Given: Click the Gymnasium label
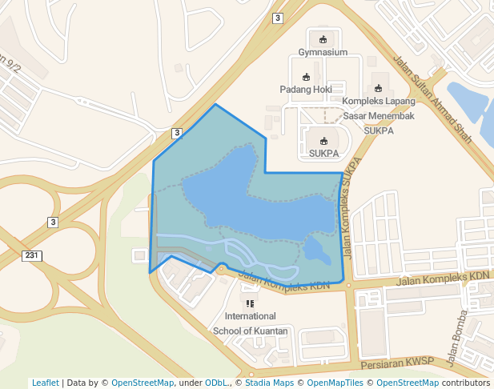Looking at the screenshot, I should tap(323, 53).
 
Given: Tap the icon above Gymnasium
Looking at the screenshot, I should tap(323, 39).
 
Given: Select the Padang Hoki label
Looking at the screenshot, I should tap(305, 90).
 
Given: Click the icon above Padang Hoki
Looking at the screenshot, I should tap(306, 77).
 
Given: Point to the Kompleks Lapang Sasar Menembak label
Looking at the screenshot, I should tap(379, 108).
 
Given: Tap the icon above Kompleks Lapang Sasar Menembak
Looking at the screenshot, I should tap(379, 88).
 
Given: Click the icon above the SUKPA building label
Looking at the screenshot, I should tap(323, 141).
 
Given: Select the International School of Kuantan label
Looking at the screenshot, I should tap(250, 323).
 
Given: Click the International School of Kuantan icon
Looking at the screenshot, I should tap(250, 304).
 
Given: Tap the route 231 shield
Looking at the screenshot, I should tap(31, 255).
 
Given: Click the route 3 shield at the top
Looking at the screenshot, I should tap(277, 18).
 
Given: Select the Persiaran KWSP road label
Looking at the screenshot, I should tap(396, 361).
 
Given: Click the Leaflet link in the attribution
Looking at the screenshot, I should tap(45, 383).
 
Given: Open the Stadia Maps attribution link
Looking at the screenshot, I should tap(268, 383).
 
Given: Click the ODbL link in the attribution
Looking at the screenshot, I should tap(216, 383).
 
